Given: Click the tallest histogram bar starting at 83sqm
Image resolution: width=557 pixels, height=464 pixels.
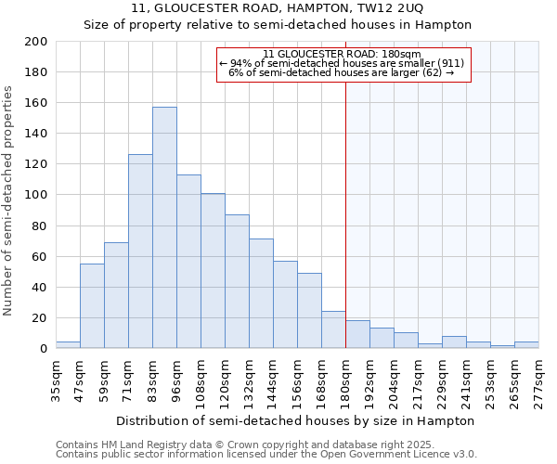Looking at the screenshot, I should pyautogui.click(x=164, y=227).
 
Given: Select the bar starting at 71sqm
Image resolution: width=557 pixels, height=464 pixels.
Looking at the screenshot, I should pyautogui.click(x=140, y=251).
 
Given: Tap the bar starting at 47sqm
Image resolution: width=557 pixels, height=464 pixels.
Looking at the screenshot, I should pyautogui.click(x=92, y=306).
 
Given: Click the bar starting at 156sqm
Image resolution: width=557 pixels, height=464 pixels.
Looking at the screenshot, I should pyautogui.click(x=309, y=311).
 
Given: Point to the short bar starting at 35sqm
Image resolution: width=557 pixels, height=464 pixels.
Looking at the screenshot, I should pyautogui.click(x=68, y=345).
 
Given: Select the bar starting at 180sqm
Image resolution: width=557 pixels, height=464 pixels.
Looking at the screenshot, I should pyautogui.click(x=357, y=334).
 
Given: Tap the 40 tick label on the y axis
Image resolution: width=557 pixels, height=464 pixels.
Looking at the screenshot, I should pyautogui.click(x=39, y=288).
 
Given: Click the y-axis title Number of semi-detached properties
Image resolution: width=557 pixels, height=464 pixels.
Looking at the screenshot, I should pyautogui.click(x=8, y=200).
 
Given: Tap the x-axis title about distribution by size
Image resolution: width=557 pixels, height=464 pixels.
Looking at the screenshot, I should pyautogui.click(x=297, y=420).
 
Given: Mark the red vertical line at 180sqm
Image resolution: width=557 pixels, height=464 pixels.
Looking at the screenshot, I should pyautogui.click(x=345, y=232).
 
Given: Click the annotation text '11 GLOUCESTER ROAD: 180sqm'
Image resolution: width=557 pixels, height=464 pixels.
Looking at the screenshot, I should pyautogui.click(x=342, y=54).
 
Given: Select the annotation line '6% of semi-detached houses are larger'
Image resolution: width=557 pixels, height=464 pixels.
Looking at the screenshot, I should pyautogui.click(x=342, y=72).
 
